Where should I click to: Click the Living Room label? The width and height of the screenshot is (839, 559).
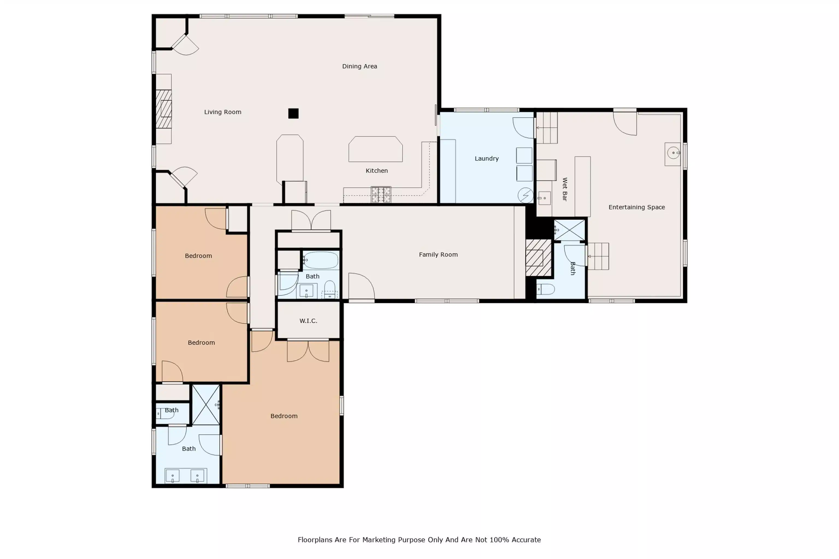[x=223, y=112]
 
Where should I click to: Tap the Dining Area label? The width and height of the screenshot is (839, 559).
[x=359, y=66]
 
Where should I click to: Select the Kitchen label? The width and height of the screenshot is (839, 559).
[x=377, y=171]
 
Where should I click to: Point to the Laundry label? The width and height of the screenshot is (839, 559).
[x=486, y=159]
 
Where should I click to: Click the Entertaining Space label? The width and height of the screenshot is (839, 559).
[x=636, y=207]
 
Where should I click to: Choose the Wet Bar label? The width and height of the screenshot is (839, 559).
[x=565, y=189]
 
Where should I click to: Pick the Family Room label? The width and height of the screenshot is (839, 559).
[x=438, y=255]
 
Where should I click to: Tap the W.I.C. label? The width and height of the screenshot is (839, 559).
[x=308, y=321]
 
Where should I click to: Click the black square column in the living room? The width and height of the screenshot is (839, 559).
[x=293, y=113]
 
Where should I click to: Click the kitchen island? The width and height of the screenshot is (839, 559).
[x=376, y=149]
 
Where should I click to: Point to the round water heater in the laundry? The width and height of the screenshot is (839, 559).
[x=525, y=195]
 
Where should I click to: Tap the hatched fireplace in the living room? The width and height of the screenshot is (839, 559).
[x=164, y=109]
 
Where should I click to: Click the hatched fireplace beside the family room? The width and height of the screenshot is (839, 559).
[x=538, y=258]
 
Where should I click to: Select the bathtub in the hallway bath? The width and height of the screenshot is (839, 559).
[x=321, y=260]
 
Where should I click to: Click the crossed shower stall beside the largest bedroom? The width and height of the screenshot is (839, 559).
[x=206, y=405]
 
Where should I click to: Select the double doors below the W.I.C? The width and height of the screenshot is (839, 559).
[x=308, y=351]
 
